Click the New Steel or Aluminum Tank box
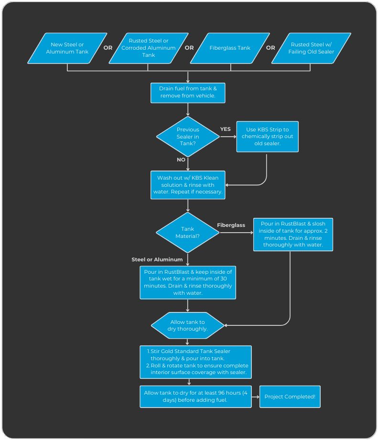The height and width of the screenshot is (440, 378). click(x=67, y=48)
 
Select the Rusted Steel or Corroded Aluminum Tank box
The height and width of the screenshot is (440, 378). click(x=149, y=48)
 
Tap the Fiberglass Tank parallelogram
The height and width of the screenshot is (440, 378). click(x=230, y=48)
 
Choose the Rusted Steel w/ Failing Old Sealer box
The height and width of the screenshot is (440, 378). click(x=311, y=48)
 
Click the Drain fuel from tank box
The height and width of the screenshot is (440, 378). click(x=188, y=93)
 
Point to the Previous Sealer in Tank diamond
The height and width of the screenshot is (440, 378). click(x=188, y=137)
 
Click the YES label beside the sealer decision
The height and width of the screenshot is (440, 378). click(x=226, y=129)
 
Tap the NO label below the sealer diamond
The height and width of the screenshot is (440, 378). click(x=181, y=160)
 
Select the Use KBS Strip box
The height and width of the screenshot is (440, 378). click(x=268, y=137)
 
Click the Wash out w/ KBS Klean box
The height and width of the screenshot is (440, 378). click(x=188, y=185)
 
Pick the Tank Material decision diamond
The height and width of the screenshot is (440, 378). click(x=187, y=233)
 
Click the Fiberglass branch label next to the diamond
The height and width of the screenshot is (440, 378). click(x=231, y=225)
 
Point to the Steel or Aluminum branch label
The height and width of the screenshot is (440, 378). click(x=157, y=259)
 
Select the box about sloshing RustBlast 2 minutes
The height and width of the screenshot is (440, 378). click(x=293, y=235)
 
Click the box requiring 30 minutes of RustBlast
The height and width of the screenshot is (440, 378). click(x=188, y=282)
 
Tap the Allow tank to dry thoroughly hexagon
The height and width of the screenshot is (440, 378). click(x=187, y=325)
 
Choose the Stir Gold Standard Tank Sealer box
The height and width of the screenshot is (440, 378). click(x=195, y=362)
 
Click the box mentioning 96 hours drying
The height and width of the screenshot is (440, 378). click(x=195, y=397)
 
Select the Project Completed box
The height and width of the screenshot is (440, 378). click(x=290, y=397)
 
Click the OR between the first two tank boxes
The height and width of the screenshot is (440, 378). click(x=108, y=48)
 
